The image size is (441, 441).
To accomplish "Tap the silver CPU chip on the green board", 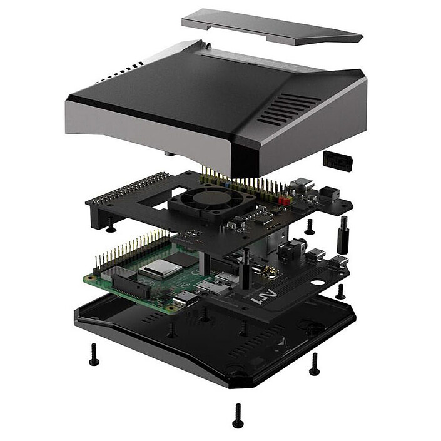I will (156, 270).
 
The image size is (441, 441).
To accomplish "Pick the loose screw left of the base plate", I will (94, 354).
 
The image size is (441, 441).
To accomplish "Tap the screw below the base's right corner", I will (314, 364).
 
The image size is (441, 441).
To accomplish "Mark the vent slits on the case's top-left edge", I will (119, 74).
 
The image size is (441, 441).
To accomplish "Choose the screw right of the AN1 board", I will (340, 291).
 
